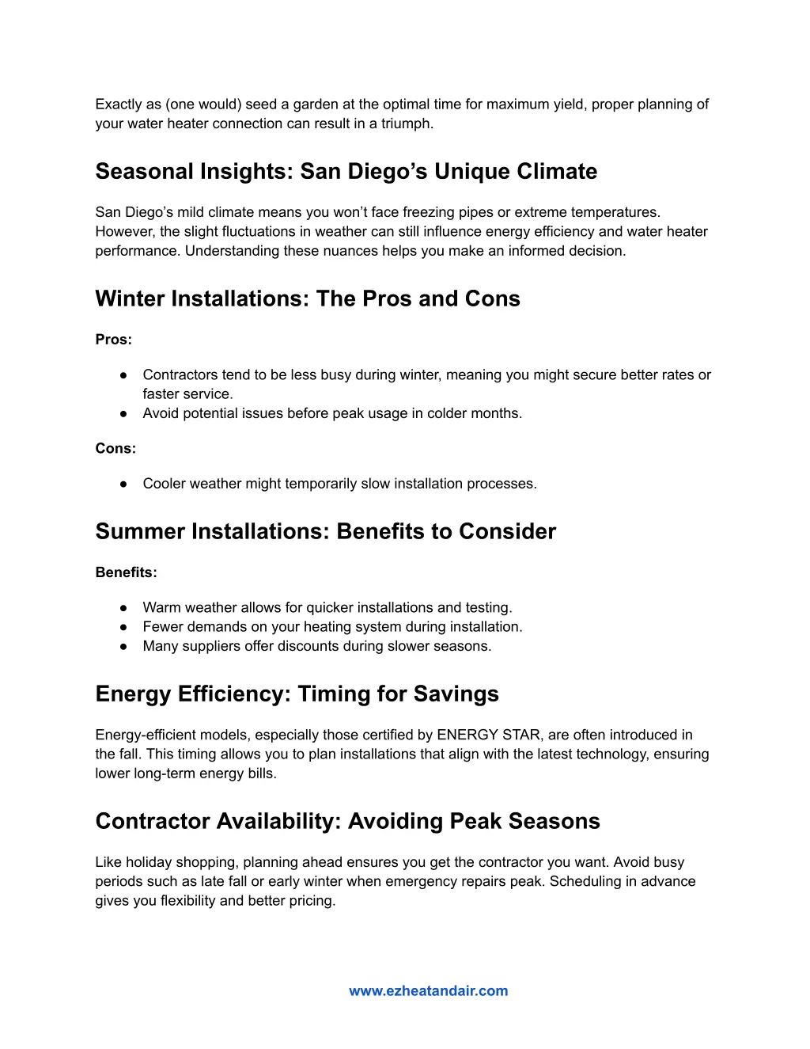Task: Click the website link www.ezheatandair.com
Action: point(428,990)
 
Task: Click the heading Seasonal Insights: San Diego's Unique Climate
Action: point(346,171)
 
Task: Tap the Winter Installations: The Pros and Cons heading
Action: point(308,298)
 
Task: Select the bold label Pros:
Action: point(113,339)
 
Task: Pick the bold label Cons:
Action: point(115,448)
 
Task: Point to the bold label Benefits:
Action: point(126,572)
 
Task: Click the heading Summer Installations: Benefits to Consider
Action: point(325,531)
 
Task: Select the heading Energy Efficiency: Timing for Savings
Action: point(297,694)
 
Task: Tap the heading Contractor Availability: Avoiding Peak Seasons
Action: point(347,821)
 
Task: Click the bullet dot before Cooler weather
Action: point(123,484)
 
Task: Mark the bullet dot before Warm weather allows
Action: point(123,607)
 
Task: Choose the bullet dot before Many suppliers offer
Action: point(123,646)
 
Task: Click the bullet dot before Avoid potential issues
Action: point(123,413)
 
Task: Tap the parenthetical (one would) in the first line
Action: point(203,105)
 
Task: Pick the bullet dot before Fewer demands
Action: point(123,627)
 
